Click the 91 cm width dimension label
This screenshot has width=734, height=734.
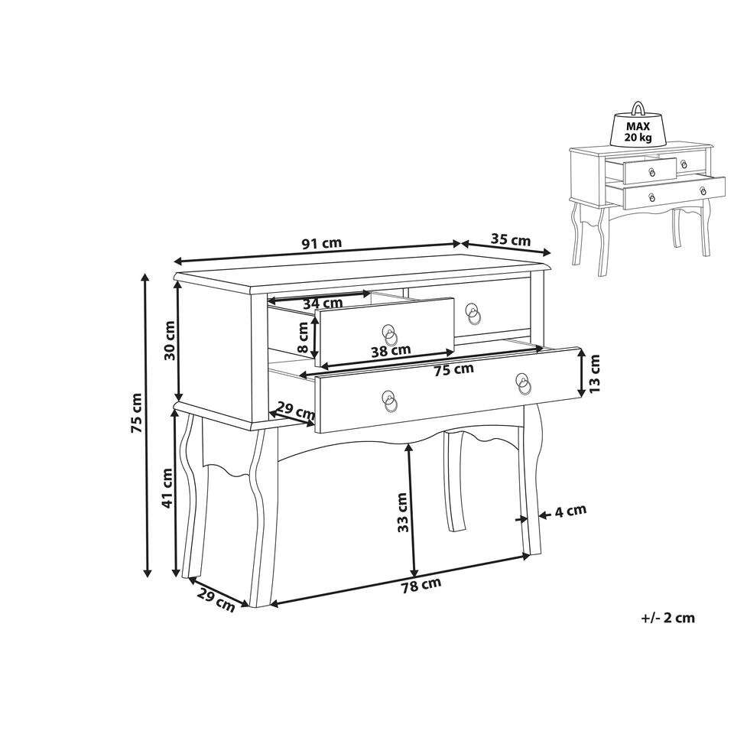tap(321, 244)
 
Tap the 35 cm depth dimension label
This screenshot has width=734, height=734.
tap(510, 239)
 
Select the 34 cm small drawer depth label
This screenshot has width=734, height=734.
tap(320, 304)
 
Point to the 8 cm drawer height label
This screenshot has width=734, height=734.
tap(304, 337)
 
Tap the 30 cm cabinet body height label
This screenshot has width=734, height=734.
tap(169, 341)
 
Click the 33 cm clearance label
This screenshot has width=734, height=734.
tap(403, 512)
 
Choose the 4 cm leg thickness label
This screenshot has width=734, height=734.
tap(570, 511)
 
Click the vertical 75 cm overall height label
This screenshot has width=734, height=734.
tap(137, 414)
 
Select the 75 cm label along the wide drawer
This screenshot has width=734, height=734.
tap(453, 369)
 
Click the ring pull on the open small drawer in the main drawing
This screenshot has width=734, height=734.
tap(390, 334)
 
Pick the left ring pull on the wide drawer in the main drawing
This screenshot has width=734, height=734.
tap(390, 401)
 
